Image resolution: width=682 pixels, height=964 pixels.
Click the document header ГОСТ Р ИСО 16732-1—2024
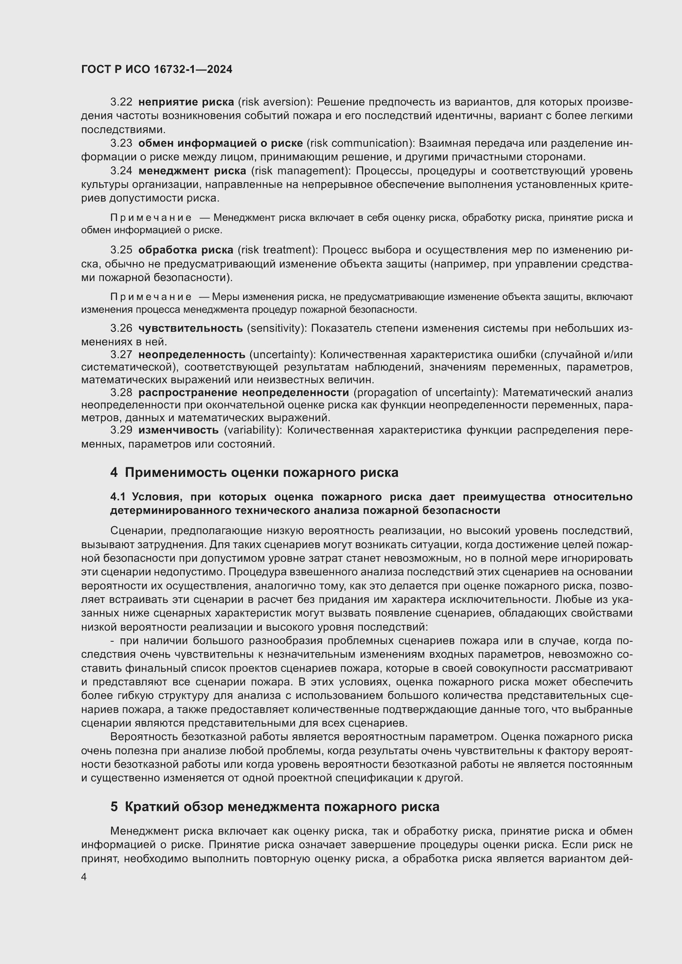[x=157, y=70]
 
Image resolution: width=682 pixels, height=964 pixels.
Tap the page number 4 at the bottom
[x=84, y=877]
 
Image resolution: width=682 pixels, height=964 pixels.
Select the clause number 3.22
[x=121, y=102]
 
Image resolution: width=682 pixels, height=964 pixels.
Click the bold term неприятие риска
[x=186, y=102]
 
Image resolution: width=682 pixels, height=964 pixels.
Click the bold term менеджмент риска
[x=192, y=171]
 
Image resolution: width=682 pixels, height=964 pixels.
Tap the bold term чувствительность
[x=190, y=328]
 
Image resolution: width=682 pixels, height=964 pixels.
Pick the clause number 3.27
[x=121, y=355]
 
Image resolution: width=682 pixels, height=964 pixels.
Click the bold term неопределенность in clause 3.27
[x=191, y=355]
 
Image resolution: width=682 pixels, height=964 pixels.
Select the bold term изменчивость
[x=178, y=430]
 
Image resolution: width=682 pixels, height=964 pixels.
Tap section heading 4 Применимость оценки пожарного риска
[x=254, y=473]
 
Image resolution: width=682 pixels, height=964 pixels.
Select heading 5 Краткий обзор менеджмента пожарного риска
[x=275, y=807]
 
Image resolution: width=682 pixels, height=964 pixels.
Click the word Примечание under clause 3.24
[x=151, y=218]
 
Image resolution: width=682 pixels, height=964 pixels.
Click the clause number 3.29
[x=121, y=430]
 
